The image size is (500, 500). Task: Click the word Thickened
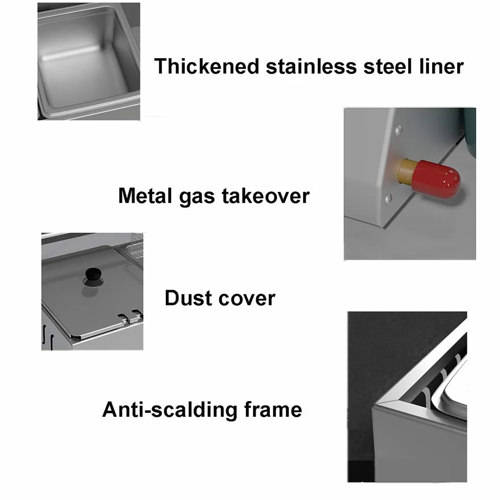point(206,66)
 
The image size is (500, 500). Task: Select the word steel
point(387,66)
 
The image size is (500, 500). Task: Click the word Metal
point(145,195)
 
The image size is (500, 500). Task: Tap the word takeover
point(266,195)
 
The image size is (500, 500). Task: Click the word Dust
point(188,298)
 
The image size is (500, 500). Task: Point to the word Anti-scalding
point(169,410)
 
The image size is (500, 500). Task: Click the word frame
point(273,409)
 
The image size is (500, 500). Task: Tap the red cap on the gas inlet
point(436,179)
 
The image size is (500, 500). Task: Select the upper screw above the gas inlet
point(398,130)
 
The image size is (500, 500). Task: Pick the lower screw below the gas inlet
point(388,198)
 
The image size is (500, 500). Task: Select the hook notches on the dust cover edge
point(130,316)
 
